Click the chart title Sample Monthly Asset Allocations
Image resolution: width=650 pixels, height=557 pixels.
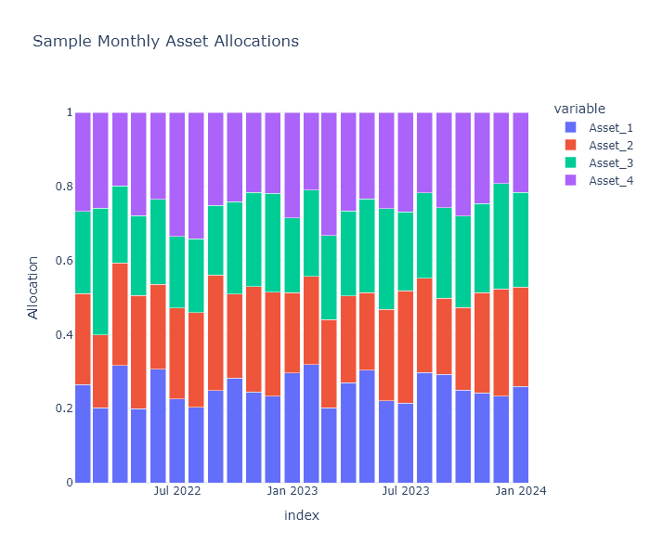pos(165,42)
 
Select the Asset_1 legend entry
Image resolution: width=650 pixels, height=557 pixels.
pos(610,127)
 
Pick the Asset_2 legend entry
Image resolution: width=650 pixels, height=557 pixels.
pos(610,145)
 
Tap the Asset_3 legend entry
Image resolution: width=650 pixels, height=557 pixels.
pos(610,162)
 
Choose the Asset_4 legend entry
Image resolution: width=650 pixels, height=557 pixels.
pos(610,180)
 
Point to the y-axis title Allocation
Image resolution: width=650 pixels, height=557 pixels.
pos(33,288)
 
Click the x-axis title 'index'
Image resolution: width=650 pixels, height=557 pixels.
pos(302,515)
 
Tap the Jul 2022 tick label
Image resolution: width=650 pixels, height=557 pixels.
pos(177,490)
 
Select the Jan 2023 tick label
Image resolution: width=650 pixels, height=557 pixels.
pos(292,490)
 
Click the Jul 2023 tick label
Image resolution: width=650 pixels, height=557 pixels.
pos(406,490)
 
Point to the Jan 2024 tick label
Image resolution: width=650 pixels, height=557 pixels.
pos(521,490)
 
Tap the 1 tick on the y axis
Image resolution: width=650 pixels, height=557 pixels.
pos(67,112)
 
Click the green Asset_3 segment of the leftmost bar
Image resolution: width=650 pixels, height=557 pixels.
pos(83,252)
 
